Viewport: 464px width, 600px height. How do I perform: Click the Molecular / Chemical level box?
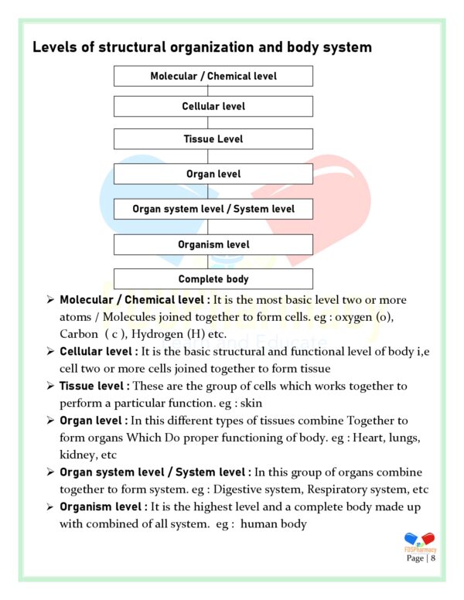click(x=213, y=76)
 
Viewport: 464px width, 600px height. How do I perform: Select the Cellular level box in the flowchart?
click(x=213, y=106)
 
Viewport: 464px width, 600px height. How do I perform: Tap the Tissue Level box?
click(x=213, y=139)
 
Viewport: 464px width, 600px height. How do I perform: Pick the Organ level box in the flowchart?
click(x=213, y=174)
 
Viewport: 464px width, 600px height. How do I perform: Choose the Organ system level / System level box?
click(x=213, y=209)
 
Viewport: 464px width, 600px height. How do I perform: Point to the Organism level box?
click(x=213, y=244)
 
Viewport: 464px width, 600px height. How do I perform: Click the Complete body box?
click(x=213, y=279)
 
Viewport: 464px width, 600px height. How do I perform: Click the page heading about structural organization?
click(x=202, y=48)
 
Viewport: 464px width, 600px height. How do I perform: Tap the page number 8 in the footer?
click(x=433, y=558)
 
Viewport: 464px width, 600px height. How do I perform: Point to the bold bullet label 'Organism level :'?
click(x=104, y=506)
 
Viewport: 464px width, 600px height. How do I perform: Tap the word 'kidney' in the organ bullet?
click(x=77, y=455)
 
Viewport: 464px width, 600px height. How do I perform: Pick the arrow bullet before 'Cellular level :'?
click(x=49, y=352)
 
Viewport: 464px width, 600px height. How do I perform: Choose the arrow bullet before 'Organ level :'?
click(x=49, y=421)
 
